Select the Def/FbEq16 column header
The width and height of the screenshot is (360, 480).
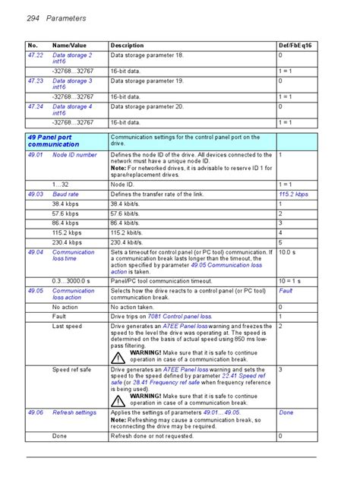295,46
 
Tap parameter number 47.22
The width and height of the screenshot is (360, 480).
36,55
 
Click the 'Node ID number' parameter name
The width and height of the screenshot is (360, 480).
74,155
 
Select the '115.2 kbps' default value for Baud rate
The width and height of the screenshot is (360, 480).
293,194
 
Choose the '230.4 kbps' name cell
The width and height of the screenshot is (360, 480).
68,242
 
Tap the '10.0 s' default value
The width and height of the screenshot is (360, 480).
287,252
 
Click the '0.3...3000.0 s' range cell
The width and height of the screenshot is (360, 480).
71,281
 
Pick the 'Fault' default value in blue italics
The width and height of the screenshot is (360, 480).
286,291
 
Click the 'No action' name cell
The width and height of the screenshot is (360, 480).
65,307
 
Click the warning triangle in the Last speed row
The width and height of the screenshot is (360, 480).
118,357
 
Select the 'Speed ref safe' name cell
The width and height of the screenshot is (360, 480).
71,370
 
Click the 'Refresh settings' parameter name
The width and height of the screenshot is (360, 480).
74,412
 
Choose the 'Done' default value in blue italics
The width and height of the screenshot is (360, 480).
286,412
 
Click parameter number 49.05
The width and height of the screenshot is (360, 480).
36,291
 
